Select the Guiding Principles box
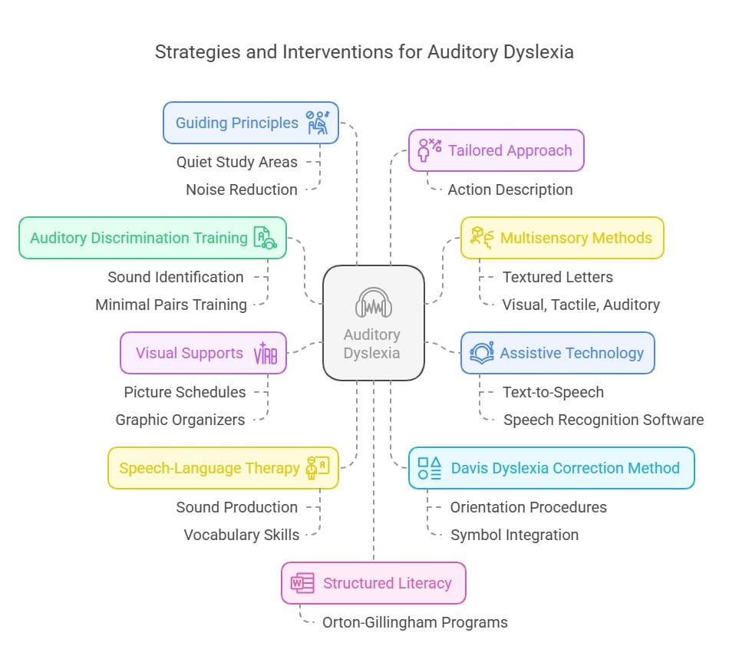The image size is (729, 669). pyautogui.click(x=250, y=123)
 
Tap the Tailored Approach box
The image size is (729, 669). pyautogui.click(x=496, y=150)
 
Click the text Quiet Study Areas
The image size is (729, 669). pyautogui.click(x=237, y=162)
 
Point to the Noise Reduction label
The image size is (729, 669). pyautogui.click(x=242, y=189)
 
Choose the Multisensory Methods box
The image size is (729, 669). pyautogui.click(x=562, y=238)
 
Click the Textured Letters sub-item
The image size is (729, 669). pyautogui.click(x=558, y=277)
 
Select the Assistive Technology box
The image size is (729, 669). pyautogui.click(x=557, y=353)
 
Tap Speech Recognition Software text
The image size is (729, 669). pyautogui.click(x=603, y=420)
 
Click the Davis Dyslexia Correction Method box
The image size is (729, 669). pyautogui.click(x=551, y=468)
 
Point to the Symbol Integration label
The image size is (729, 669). pyautogui.click(x=514, y=535)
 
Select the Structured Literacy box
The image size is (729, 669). pyautogui.click(x=373, y=583)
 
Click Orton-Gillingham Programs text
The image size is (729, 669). pyautogui.click(x=414, y=622)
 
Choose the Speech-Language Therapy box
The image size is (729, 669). pyautogui.click(x=223, y=468)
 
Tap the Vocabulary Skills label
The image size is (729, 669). pyautogui.click(x=242, y=535)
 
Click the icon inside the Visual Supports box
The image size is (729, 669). pyautogui.click(x=265, y=354)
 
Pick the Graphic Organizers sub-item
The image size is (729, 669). pyautogui.click(x=180, y=420)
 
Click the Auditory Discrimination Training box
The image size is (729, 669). pyautogui.click(x=152, y=238)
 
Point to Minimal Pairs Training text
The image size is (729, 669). pyautogui.click(x=171, y=305)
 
